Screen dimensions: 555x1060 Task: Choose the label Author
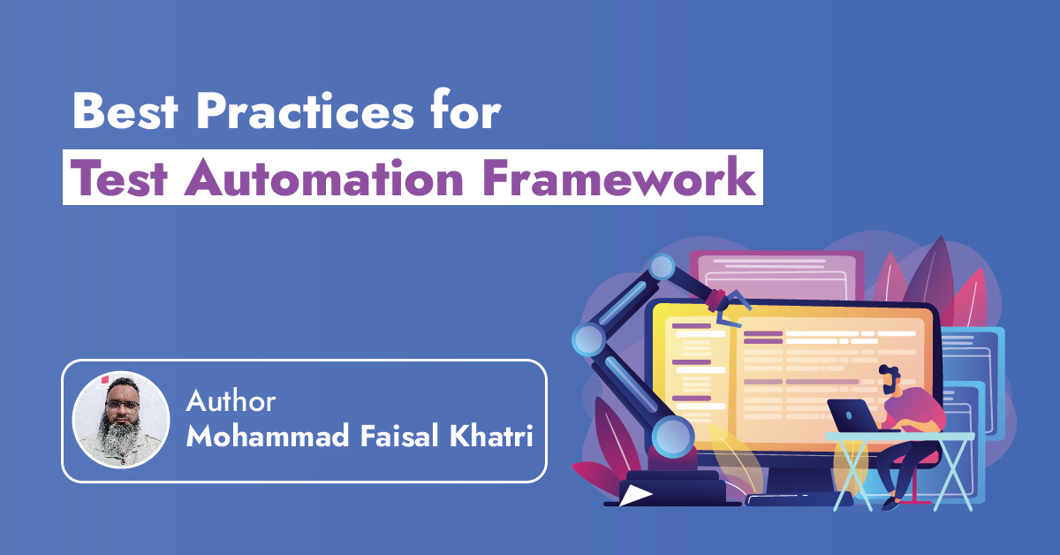(x=231, y=402)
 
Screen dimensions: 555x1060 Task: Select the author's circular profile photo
(x=120, y=420)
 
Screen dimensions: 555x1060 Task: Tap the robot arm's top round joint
(x=662, y=266)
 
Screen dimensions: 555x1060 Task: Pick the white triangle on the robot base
(x=632, y=496)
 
